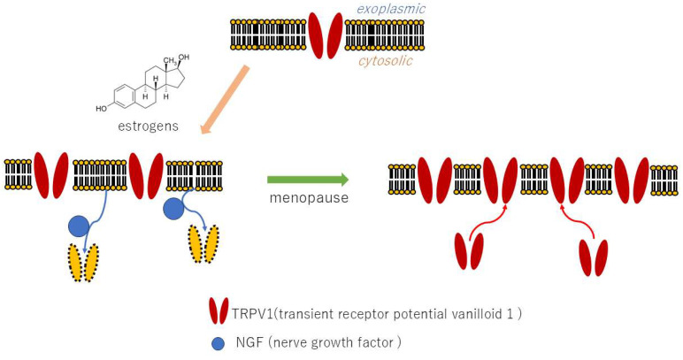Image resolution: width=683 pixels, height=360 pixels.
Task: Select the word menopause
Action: coord(308,197)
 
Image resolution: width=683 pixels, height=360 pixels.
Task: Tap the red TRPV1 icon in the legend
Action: coord(219,310)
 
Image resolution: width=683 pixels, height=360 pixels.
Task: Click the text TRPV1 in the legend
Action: coord(257,311)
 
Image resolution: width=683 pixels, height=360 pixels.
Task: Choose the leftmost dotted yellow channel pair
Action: coord(82,263)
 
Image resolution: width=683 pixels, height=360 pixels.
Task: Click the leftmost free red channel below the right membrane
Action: coord(470,249)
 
